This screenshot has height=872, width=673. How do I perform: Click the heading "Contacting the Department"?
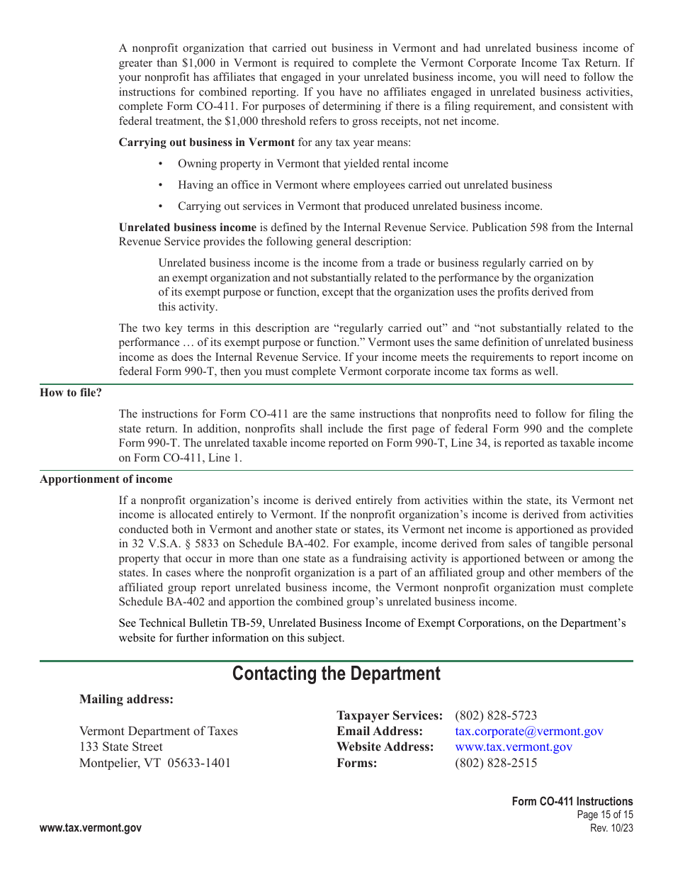click(336, 673)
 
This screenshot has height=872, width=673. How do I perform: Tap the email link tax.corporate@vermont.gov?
click(528, 731)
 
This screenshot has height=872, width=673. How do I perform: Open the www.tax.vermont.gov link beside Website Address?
click(514, 747)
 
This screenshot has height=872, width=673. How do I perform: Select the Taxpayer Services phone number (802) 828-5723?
click(496, 715)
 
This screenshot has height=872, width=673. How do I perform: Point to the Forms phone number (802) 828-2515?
click(496, 763)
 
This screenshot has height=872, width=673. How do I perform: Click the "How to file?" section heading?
click(71, 393)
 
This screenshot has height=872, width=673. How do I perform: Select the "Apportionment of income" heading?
click(106, 479)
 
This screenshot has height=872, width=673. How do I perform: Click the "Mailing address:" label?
click(126, 699)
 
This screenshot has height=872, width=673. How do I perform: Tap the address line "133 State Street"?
click(120, 747)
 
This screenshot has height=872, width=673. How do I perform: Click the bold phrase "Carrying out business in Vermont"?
click(207, 142)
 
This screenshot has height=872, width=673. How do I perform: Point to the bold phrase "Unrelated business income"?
click(188, 228)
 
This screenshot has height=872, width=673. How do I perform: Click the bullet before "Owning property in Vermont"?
click(161, 164)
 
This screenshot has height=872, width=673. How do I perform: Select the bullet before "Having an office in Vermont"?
click(161, 185)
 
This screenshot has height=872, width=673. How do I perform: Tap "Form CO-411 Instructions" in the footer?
click(572, 801)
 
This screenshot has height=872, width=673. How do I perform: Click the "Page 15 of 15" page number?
click(605, 815)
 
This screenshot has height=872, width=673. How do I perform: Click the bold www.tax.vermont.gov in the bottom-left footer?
click(91, 828)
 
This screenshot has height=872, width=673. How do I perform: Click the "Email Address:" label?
click(380, 731)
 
